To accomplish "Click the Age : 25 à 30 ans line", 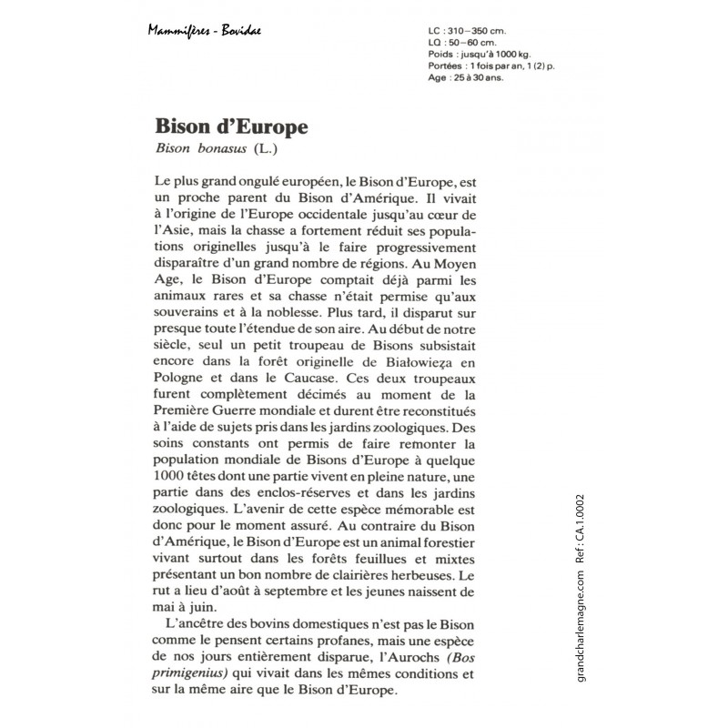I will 463,78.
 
